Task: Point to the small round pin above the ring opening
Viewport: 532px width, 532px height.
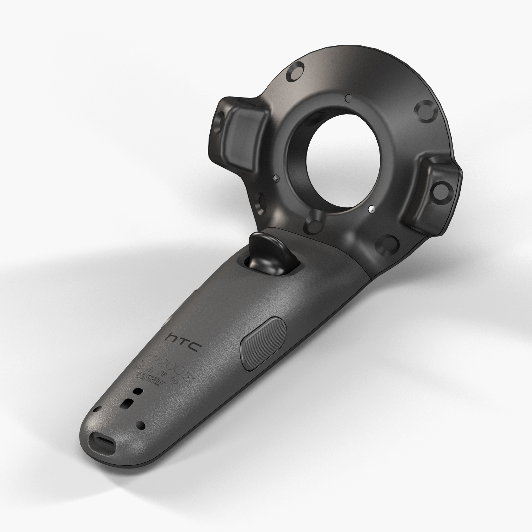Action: (349, 96)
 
